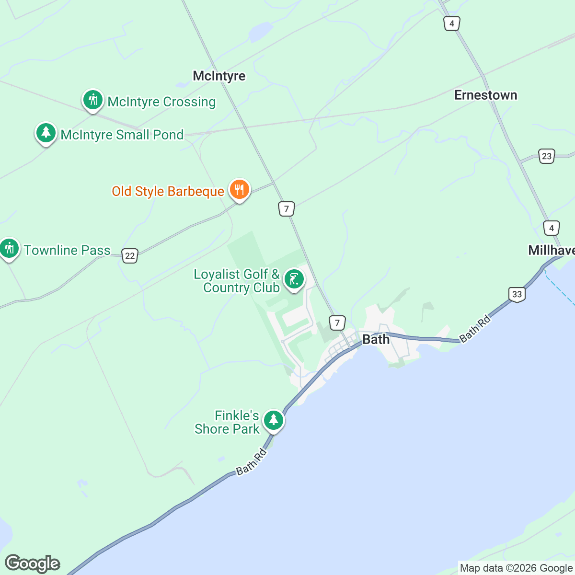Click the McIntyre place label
pyautogui.click(x=219, y=76)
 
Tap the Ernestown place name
pyautogui.click(x=485, y=95)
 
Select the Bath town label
pyautogui.click(x=376, y=339)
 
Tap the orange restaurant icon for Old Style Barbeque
pyautogui.click(x=239, y=190)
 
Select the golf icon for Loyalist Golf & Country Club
pyautogui.click(x=294, y=279)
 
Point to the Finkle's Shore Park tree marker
pyautogui.click(x=273, y=421)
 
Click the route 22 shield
pyautogui.click(x=130, y=255)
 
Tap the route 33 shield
pyautogui.click(x=517, y=294)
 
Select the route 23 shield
pyautogui.click(x=547, y=156)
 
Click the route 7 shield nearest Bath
pyautogui.click(x=337, y=322)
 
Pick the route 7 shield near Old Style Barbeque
pyautogui.click(x=287, y=209)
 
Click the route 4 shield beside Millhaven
pyautogui.click(x=552, y=228)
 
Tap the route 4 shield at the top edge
pyautogui.click(x=452, y=23)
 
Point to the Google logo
pyautogui.click(x=33, y=563)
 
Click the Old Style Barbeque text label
pyautogui.click(x=168, y=191)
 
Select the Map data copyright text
pyautogui.click(x=516, y=568)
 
